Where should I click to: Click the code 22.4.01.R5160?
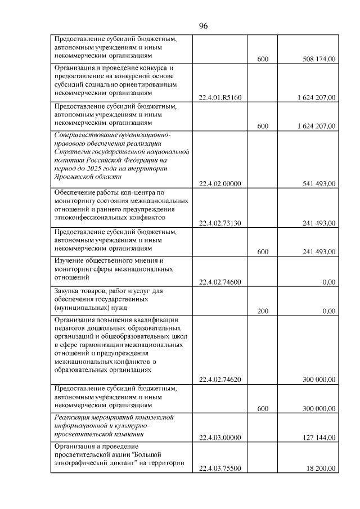pyautogui.click(x=220, y=98)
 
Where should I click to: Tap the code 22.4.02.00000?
pyautogui.click(x=220, y=183)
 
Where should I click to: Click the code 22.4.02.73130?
pyautogui.click(x=220, y=223)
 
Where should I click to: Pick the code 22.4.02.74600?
pyautogui.click(x=220, y=282)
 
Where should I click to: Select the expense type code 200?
pyautogui.click(x=262, y=311)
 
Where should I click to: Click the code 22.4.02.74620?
pyautogui.click(x=220, y=380)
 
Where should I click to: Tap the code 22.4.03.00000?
pyautogui.click(x=220, y=438)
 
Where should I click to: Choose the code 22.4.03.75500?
pyautogui.click(x=220, y=468)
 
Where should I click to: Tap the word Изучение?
pyautogui.click(x=69, y=260)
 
